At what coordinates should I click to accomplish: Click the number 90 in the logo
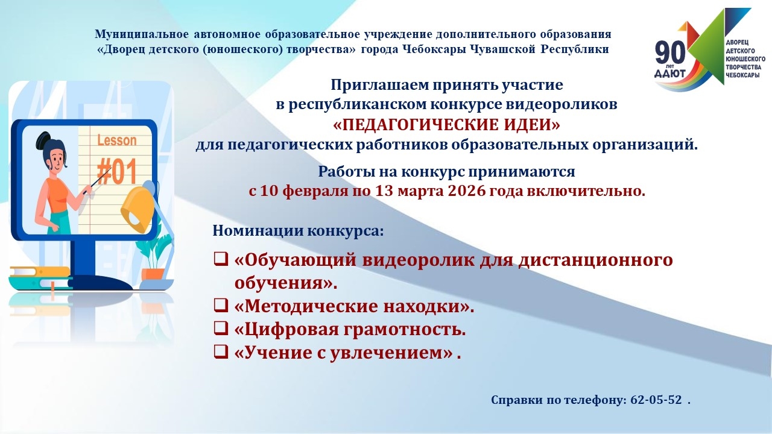pyautogui.click(x=670, y=52)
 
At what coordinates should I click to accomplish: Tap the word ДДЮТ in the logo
pyautogui.click(x=669, y=74)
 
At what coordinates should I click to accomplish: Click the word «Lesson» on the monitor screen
pyautogui.click(x=117, y=140)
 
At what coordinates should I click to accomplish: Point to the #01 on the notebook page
pyautogui.click(x=117, y=171)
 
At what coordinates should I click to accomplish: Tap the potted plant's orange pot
pyautogui.click(x=153, y=274)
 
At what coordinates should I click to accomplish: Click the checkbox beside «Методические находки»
pyautogui.click(x=221, y=305)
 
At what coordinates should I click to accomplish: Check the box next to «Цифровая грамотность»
pyautogui.click(x=221, y=329)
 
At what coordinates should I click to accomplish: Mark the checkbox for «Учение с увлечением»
pyautogui.click(x=221, y=351)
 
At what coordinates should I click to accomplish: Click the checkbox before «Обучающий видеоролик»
pyautogui.click(x=221, y=259)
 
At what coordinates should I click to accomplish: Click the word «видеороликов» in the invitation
pyautogui.click(x=561, y=104)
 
